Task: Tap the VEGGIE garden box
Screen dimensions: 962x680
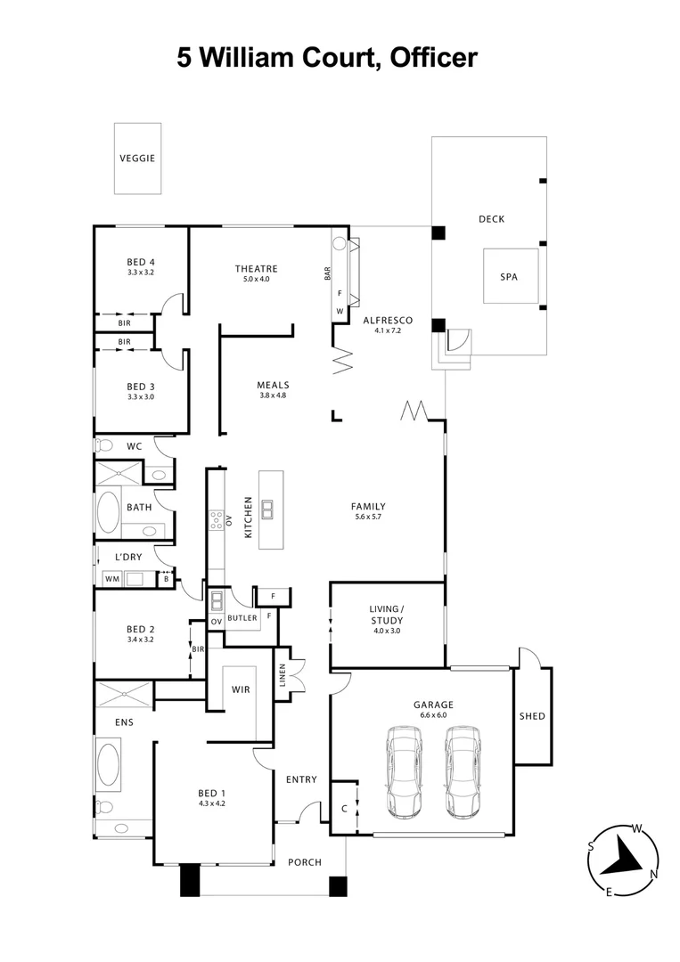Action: point(137,159)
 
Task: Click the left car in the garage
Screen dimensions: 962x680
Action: point(404,771)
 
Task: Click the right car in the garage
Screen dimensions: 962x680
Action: point(463,771)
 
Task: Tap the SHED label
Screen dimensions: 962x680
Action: point(532,716)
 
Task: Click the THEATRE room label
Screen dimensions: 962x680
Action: point(256,269)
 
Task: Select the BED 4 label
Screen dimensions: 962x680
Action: point(141,262)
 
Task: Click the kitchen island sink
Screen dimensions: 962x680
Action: point(268,510)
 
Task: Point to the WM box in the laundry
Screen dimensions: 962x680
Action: point(112,579)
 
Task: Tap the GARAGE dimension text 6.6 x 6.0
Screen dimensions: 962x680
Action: point(433,713)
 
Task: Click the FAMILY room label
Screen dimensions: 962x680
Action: point(368,507)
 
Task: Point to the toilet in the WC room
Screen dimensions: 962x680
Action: point(103,445)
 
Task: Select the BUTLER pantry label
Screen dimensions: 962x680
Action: point(242,617)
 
